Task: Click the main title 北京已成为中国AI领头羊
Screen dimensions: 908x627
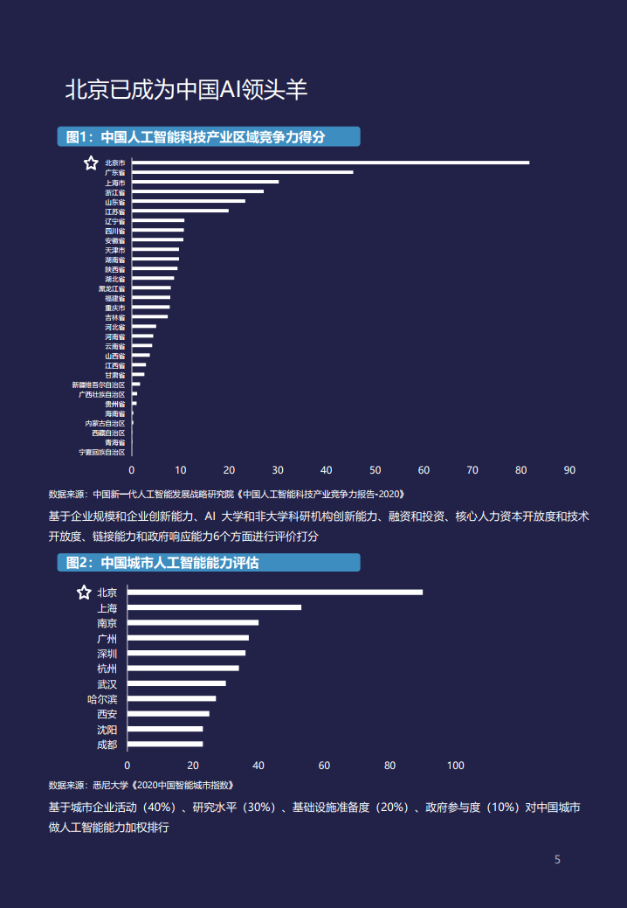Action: (186, 89)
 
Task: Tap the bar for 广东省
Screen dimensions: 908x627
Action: (243, 172)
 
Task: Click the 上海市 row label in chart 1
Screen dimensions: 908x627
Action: (114, 183)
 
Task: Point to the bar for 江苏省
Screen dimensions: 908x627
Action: (180, 211)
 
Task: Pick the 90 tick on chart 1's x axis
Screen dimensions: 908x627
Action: (569, 470)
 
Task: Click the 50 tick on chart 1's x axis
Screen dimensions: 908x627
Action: (375, 470)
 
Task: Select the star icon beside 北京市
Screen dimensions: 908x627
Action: (90, 163)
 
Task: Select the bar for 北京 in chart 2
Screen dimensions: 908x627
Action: (275, 593)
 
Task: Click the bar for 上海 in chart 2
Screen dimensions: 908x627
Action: (215, 607)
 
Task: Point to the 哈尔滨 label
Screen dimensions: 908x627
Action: (102, 699)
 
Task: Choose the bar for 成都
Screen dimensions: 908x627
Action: (165, 745)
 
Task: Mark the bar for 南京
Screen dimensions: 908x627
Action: (193, 623)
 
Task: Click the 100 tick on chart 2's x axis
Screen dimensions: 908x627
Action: (455, 766)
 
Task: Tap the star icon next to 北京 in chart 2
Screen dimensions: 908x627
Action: (84, 593)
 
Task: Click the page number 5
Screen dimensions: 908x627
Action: (557, 860)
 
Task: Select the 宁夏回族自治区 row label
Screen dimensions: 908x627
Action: (102, 452)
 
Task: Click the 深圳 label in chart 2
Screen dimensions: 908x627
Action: (107, 654)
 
